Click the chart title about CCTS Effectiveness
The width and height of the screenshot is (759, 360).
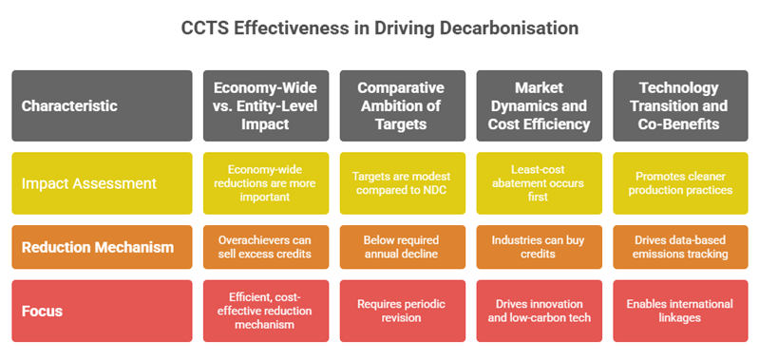pos(379,28)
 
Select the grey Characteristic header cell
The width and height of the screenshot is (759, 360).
pos(101,105)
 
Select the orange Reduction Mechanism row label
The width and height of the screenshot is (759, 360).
pos(101,247)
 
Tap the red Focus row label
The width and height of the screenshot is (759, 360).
pos(101,311)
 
